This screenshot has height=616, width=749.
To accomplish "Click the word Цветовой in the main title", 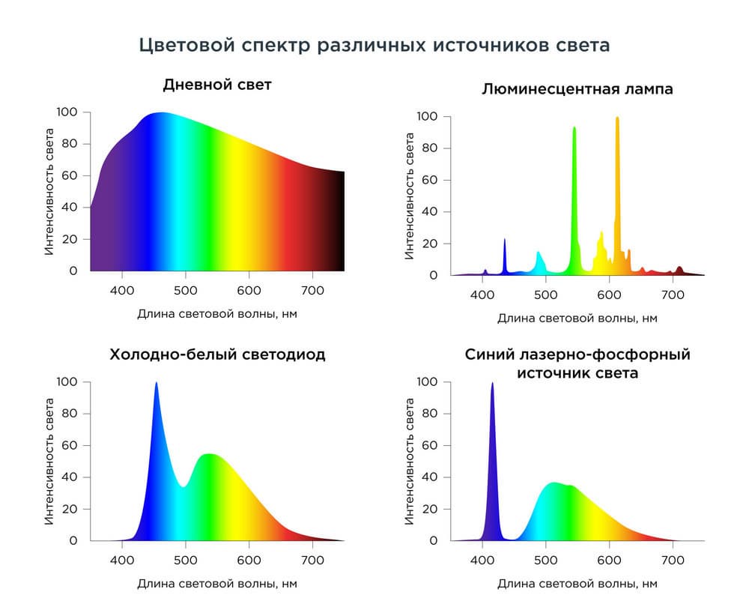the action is pos(187,46).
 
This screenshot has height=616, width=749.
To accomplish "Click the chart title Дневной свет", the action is pos(217,85).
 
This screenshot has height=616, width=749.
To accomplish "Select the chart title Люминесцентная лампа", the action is pos(577,89).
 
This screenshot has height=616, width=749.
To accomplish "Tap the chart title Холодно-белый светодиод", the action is pos(217,354).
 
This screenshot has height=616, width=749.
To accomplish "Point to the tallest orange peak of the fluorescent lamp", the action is pos(617,118).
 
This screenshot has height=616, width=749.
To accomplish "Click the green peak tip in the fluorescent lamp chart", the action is pos(574,127).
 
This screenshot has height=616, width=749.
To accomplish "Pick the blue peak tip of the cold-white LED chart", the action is pos(157,382).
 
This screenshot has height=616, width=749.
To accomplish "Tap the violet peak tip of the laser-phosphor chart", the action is pos(493,383).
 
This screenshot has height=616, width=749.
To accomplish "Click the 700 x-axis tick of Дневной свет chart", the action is pos(312,291).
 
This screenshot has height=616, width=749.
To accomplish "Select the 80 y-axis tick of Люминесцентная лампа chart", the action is pos(429,148).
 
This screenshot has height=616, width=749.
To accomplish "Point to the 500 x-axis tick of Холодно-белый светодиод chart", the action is pos(185,560).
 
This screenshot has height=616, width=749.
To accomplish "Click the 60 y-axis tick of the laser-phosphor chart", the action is pos(429,445).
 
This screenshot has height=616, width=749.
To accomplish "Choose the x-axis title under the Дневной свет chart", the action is pos(217,314).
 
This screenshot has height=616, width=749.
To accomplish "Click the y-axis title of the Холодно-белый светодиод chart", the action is pos(49,461).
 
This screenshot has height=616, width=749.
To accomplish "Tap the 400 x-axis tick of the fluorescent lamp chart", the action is pos(482,295).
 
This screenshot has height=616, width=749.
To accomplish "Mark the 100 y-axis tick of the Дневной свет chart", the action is pos(67,112).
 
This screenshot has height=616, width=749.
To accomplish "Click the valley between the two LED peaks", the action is pos(184,487).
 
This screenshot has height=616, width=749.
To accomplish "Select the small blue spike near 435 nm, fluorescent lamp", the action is pos(505,240).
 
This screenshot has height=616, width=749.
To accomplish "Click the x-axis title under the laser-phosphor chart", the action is pos(577,584).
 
